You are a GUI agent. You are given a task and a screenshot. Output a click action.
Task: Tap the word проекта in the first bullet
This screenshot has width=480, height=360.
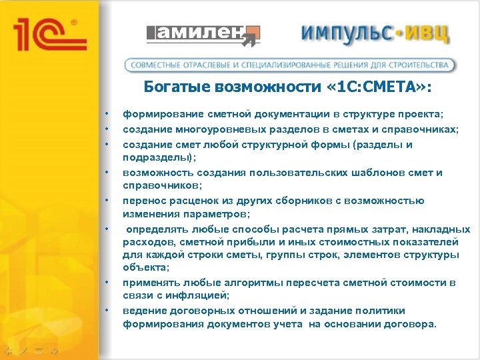click(421, 114)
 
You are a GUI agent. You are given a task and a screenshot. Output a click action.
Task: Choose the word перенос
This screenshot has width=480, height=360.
click(143, 200)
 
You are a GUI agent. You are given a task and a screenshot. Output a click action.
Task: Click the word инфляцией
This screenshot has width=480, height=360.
click(197, 295)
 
